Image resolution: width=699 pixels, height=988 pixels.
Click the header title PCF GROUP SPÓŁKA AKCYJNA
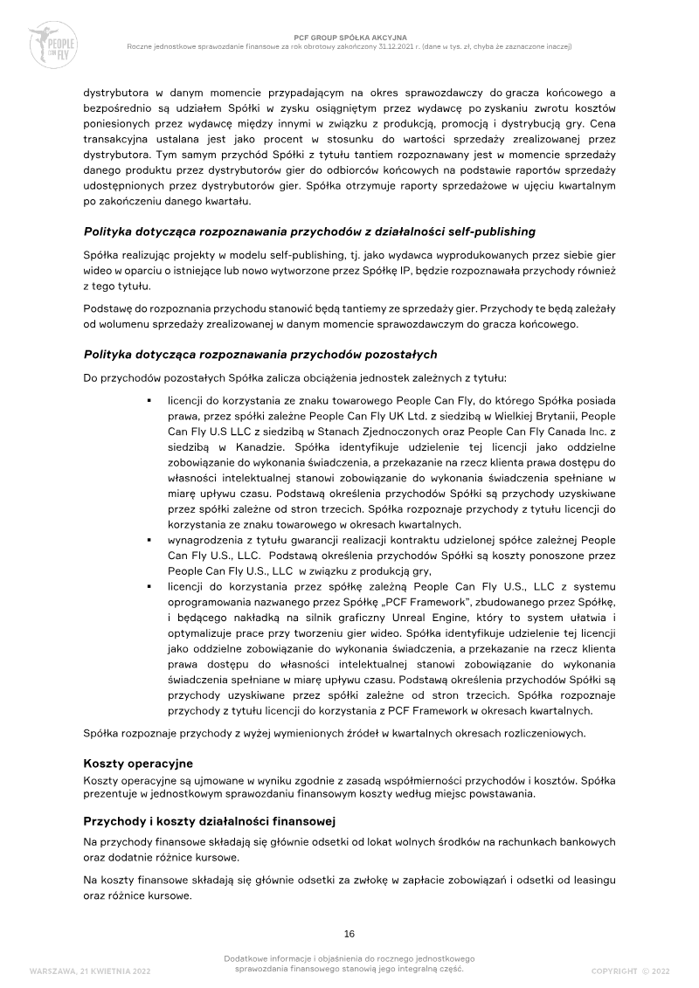[349, 38]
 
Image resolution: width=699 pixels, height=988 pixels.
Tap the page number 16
[349, 932]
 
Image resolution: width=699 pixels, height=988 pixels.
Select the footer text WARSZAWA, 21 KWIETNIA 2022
[96, 971]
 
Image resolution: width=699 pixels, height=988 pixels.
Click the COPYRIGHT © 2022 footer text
[630, 971]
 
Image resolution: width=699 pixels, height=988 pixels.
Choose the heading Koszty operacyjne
[137, 763]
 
